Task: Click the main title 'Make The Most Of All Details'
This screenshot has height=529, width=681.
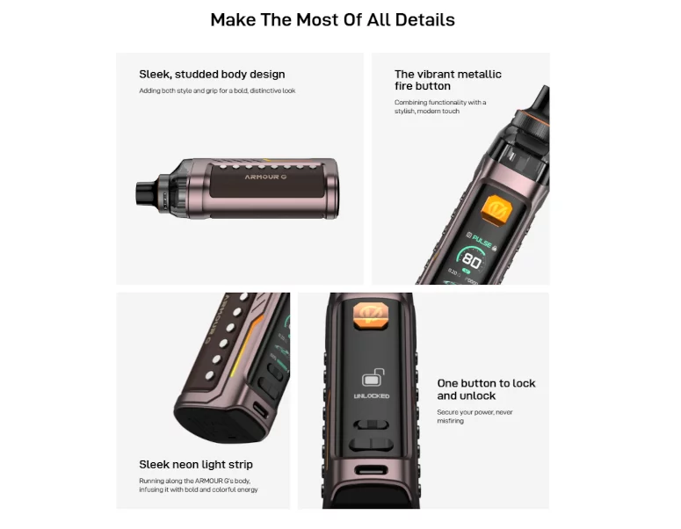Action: tap(332, 19)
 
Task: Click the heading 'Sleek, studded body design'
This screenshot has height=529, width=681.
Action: tap(212, 75)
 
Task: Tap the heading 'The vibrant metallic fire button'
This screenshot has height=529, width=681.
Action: tap(447, 80)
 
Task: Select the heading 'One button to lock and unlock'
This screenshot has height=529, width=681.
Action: tap(486, 389)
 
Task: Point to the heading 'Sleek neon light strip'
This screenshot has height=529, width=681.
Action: tap(196, 464)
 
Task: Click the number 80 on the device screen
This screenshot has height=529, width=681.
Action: tap(472, 261)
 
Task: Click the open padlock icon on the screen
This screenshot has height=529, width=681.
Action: tap(372, 380)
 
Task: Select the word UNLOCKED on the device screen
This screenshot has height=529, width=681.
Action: tap(372, 397)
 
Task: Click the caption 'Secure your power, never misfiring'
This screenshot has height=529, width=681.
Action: tap(475, 417)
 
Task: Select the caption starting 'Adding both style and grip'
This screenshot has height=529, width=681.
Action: tap(217, 91)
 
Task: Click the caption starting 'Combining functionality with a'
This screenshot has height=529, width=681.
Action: tap(439, 107)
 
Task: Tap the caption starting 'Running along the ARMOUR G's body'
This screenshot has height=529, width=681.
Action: tap(199, 485)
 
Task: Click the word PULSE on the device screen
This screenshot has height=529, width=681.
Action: tap(482, 238)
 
